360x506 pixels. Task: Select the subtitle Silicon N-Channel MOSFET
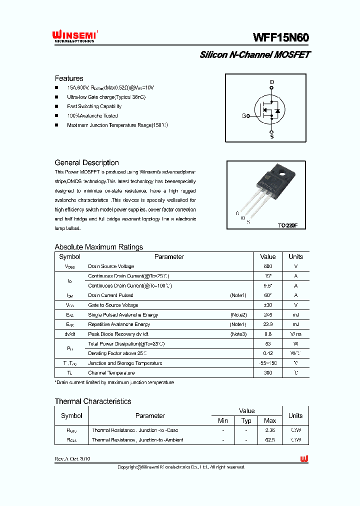254,55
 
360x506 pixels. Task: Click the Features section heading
69,78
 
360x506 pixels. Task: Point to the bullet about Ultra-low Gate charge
106,97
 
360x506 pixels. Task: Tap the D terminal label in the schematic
272,82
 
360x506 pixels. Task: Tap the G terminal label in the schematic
244,116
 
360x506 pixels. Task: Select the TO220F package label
287,225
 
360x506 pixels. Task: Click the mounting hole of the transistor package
281,175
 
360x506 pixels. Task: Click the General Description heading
86,162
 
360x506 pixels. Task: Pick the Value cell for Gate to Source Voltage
268,305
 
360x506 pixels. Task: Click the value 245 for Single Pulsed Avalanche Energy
268,315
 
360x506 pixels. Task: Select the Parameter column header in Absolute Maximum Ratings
169,256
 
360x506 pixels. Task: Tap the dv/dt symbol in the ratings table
69,334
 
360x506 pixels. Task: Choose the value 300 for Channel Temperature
268,373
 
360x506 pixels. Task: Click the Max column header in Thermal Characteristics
270,421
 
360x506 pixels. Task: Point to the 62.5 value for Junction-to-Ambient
270,440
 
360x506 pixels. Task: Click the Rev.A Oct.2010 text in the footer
72,459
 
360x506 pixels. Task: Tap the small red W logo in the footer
304,458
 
